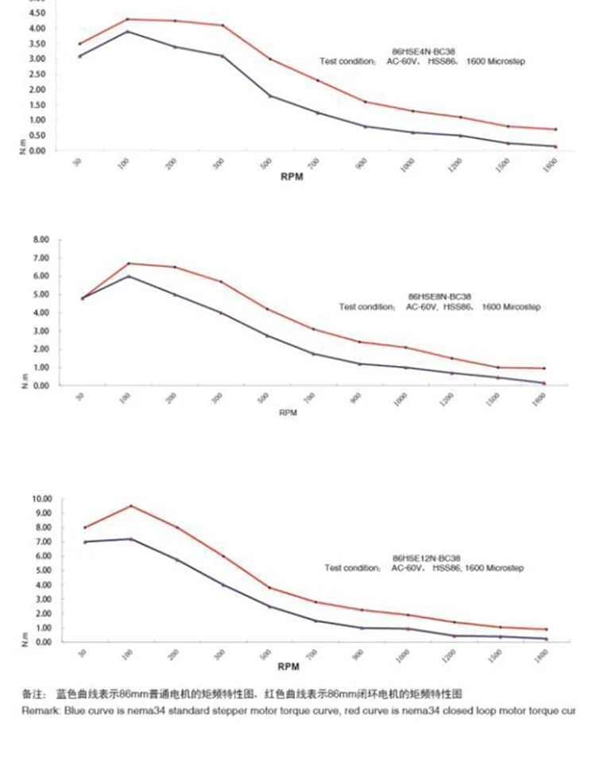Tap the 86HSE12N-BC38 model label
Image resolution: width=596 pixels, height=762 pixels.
(427, 559)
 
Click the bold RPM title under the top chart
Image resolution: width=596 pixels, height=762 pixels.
(292, 177)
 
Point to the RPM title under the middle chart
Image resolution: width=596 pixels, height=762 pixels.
(288, 413)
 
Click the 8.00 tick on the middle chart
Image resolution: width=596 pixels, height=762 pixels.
(41, 239)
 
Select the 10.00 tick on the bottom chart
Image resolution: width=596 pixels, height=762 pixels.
(41, 499)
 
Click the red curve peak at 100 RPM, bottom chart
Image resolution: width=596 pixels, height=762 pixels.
(130, 505)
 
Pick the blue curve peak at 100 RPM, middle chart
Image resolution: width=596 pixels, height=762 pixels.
(129, 276)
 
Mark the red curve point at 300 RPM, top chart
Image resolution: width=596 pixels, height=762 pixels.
(223, 25)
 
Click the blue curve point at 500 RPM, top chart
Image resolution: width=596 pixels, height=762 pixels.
(269, 95)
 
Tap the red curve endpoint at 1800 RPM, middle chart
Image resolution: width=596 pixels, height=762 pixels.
(544, 368)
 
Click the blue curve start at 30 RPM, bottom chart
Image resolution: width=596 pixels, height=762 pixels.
(84, 542)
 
